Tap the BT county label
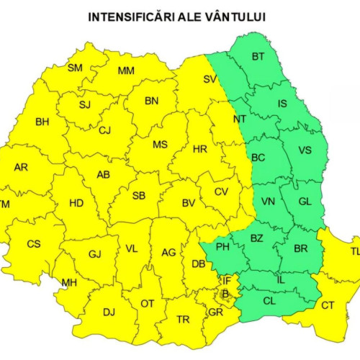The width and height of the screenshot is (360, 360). tap(258, 57)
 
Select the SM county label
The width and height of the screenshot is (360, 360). tap(75, 68)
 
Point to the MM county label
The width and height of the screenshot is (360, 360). tap(126, 71)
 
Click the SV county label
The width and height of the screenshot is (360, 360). tap(210, 78)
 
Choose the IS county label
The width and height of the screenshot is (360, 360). tap(282, 104)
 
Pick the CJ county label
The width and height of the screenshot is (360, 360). tap(105, 130)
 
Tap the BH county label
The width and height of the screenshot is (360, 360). tap(42, 122)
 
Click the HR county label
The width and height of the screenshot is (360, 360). tap(200, 150)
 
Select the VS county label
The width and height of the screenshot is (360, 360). tap(305, 151)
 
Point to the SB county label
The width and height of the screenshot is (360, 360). tap(139, 196)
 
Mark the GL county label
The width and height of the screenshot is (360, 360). tap(305, 202)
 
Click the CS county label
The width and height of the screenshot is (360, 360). tap(34, 244)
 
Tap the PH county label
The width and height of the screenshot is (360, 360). tap(222, 248)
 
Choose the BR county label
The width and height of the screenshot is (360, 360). tap(302, 250)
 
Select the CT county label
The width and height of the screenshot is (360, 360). tap(328, 305)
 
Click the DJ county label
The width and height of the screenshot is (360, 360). tap(109, 312)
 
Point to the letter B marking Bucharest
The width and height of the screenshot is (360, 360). tap(225, 293)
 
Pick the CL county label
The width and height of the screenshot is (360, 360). tap(269, 302)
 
